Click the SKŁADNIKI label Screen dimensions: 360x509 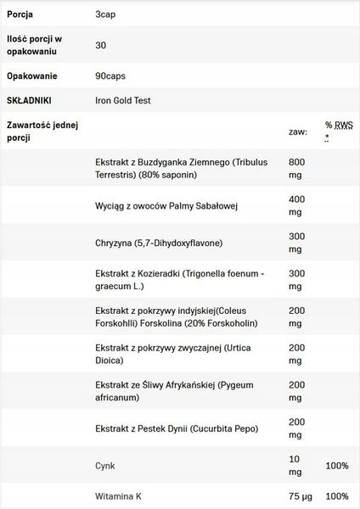(31, 100)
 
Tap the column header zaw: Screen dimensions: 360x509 (297, 132)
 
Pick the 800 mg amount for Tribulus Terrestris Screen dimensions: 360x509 (297, 168)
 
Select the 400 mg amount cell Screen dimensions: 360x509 (297, 205)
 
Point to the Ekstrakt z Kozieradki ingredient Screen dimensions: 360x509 (181, 280)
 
